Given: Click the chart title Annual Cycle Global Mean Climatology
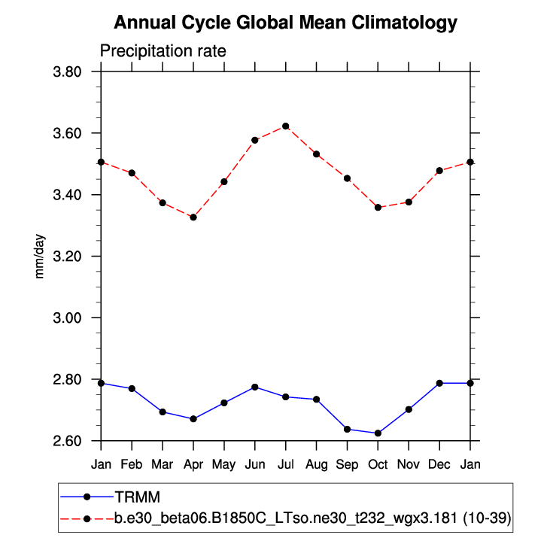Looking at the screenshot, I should [x=285, y=23].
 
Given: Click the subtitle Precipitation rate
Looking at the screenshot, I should [x=163, y=51].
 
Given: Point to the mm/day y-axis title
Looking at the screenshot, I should [x=40, y=257].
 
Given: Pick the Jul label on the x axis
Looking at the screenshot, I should [x=286, y=464].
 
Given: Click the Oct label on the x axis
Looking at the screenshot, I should [x=378, y=464].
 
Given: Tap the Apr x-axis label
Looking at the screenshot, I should [x=193, y=464].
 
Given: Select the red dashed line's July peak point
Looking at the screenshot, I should [x=286, y=126].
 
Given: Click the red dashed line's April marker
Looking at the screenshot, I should [x=193, y=217].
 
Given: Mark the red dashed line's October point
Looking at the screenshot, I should [x=378, y=207].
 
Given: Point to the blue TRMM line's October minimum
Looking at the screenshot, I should [x=378, y=433].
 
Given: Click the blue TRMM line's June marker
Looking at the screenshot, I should [x=255, y=387].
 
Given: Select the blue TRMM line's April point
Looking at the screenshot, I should [x=193, y=418].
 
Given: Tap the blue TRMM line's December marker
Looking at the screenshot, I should [x=439, y=383].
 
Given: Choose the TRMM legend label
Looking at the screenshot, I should [x=138, y=497].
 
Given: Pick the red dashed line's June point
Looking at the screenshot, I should [x=255, y=140].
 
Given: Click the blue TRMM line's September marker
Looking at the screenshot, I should [x=347, y=429].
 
